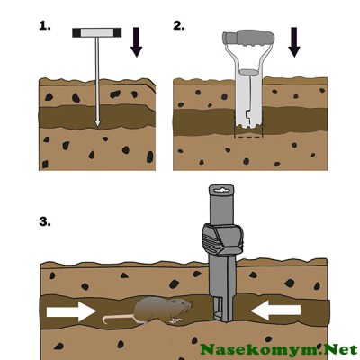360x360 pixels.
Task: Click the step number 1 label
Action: coord(45,26)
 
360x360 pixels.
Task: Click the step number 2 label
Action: coord(179,26)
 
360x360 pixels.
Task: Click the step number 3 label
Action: coord(45,222)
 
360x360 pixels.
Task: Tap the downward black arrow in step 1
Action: coord(137,42)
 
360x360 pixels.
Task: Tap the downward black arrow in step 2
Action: coord(294,42)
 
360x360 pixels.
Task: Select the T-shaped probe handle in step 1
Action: coord(97,32)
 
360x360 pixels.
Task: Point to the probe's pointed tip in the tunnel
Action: coord(97,123)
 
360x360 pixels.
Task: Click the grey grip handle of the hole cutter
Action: coord(248,39)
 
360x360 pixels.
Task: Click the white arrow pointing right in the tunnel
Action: coord(71,311)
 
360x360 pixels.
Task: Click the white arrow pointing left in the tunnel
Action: coord(275,310)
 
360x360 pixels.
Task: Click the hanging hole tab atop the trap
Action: coord(221,191)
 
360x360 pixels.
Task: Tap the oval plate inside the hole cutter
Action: coord(248,72)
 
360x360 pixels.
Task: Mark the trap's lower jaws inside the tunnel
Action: coord(222,310)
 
